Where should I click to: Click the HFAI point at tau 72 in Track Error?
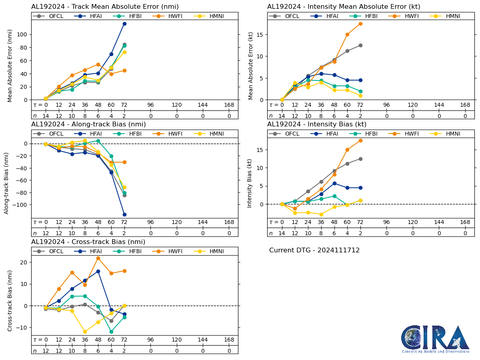click(x=124, y=24)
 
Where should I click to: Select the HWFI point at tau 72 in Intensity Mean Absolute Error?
click(x=360, y=24)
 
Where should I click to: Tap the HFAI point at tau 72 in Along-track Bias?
click(x=124, y=214)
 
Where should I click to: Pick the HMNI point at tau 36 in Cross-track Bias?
click(x=85, y=332)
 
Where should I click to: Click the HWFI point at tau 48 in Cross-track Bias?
click(x=98, y=258)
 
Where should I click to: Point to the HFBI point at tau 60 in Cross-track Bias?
click(x=111, y=332)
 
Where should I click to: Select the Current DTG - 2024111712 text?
click(x=314, y=250)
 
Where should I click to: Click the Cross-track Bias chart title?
click(x=88, y=242)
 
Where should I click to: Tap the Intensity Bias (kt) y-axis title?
click(x=250, y=183)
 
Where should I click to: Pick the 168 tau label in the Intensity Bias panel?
click(x=465, y=222)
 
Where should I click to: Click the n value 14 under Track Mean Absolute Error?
click(x=46, y=116)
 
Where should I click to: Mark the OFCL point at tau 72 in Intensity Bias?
click(x=360, y=159)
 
